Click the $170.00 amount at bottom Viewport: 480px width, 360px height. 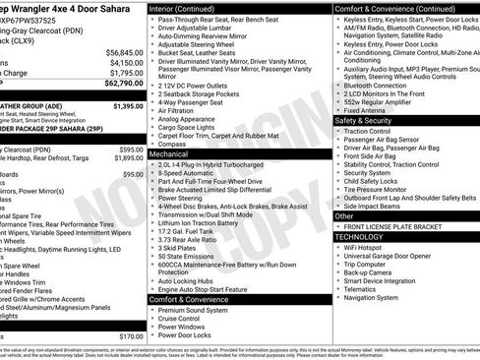coord(129,336)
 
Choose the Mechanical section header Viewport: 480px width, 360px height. coord(169,154)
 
